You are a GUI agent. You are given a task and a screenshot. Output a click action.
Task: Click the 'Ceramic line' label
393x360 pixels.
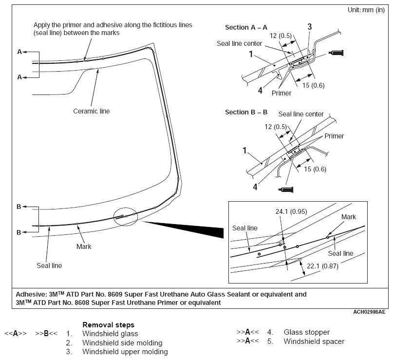(92, 111)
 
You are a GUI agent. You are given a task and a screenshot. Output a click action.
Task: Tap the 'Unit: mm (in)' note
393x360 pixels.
(367, 10)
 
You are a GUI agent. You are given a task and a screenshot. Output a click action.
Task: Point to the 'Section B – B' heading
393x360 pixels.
(246, 112)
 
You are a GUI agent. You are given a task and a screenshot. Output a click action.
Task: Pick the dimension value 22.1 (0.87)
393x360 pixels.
(324, 266)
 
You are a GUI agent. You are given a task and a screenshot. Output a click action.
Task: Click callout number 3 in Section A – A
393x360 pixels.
(309, 26)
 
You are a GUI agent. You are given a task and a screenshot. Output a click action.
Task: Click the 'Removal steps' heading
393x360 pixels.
(108, 324)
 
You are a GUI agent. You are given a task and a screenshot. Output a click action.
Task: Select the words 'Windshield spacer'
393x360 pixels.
(314, 341)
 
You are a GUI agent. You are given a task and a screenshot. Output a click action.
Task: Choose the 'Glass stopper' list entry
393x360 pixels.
(307, 332)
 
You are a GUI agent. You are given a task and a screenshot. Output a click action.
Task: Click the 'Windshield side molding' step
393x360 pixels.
(122, 343)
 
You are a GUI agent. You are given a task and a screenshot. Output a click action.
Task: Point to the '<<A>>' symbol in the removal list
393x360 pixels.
(15, 334)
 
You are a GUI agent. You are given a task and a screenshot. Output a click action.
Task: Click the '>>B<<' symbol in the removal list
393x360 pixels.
(46, 334)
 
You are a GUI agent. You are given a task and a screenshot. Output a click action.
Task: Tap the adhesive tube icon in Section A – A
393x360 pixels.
(337, 53)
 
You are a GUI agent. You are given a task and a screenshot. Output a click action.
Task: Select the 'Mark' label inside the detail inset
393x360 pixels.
(349, 217)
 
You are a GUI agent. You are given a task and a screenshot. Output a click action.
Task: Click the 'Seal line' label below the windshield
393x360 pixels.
(49, 265)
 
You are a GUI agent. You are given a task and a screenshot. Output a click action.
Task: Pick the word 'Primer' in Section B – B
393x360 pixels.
(334, 136)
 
